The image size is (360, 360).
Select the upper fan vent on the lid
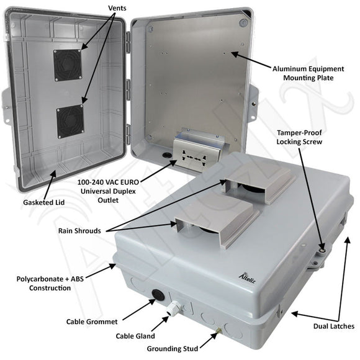click(68, 65)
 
